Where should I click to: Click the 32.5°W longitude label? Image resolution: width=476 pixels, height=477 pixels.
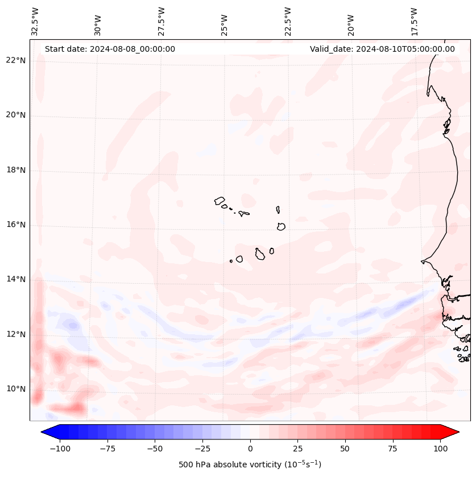coord(35,22)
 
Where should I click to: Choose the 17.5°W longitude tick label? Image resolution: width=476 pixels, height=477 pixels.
coord(414,22)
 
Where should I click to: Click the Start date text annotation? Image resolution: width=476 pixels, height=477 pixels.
coord(110,49)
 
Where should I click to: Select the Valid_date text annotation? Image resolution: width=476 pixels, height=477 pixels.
coord(382,49)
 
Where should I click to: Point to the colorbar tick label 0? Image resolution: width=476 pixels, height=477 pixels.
coord(250,449)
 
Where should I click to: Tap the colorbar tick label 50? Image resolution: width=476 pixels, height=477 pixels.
coord(345,449)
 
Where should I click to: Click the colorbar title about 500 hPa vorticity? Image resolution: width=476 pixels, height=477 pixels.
coord(250,464)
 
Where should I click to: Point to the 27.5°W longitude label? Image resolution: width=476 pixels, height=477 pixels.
coord(162,22)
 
